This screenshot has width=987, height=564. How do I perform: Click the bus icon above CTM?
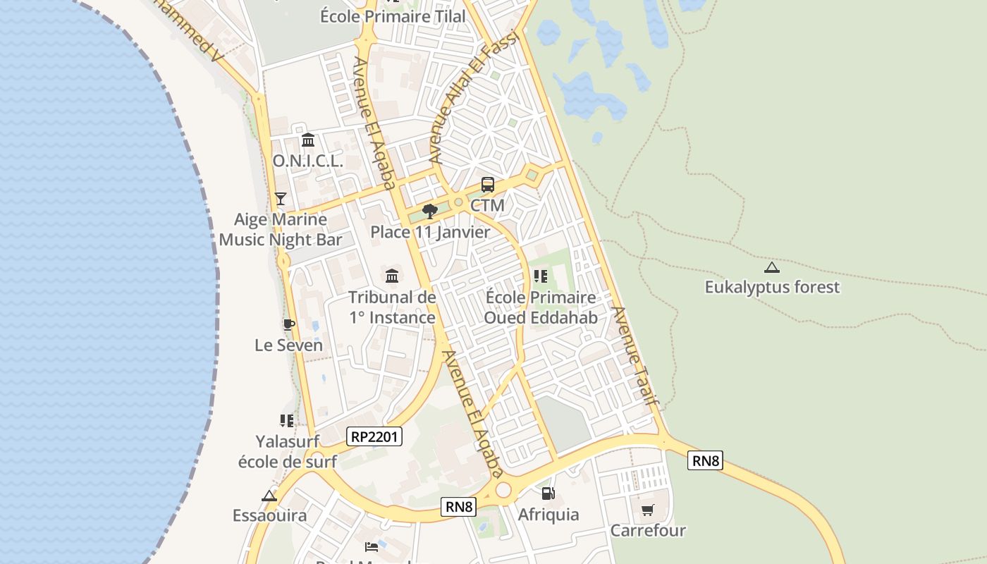[487, 185]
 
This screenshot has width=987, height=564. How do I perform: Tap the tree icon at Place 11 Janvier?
[429, 211]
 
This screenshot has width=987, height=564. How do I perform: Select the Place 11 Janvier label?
[430, 231]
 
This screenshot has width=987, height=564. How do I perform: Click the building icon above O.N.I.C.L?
[307, 140]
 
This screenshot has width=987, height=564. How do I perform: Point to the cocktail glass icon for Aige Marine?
[281, 198]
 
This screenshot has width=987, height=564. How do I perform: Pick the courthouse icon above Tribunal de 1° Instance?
[392, 275]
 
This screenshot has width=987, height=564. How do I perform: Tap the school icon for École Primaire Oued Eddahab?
[541, 276]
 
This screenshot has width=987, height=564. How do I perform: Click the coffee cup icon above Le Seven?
[288, 324]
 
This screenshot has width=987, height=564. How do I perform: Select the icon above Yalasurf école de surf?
[287, 421]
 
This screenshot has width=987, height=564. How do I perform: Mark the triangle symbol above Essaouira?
[269, 496]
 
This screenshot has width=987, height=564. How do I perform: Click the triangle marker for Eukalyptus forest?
[772, 267]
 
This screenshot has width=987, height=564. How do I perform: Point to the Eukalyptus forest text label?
[772, 287]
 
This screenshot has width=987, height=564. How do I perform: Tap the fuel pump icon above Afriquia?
[548, 493]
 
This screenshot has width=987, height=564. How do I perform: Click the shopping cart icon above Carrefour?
[647, 510]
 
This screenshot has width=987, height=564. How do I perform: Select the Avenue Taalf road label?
[635, 356]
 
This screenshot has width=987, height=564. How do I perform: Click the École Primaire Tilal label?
[393, 16]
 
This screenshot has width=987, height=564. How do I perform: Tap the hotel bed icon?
[372, 546]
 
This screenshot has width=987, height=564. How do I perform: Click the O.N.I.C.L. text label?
[307, 161]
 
